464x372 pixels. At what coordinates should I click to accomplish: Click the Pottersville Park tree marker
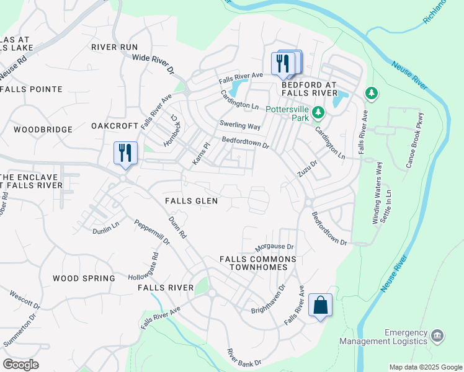click(x=318, y=113)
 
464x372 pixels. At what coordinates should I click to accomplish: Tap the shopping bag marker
click(x=320, y=306)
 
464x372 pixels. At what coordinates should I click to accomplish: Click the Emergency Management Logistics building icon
click(x=437, y=335)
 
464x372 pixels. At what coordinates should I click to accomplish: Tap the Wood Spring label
click(x=84, y=278)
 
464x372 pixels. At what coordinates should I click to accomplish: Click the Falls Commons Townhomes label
click(x=258, y=263)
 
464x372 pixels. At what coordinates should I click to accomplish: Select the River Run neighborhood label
click(x=114, y=46)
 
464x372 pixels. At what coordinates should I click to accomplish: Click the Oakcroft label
click(x=114, y=126)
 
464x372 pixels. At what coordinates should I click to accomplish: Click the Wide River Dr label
click(x=153, y=64)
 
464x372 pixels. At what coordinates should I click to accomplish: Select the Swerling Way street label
click(x=239, y=125)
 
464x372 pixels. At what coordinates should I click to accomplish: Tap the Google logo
click(x=20, y=364)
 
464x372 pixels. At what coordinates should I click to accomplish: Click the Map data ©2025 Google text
click(x=425, y=367)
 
